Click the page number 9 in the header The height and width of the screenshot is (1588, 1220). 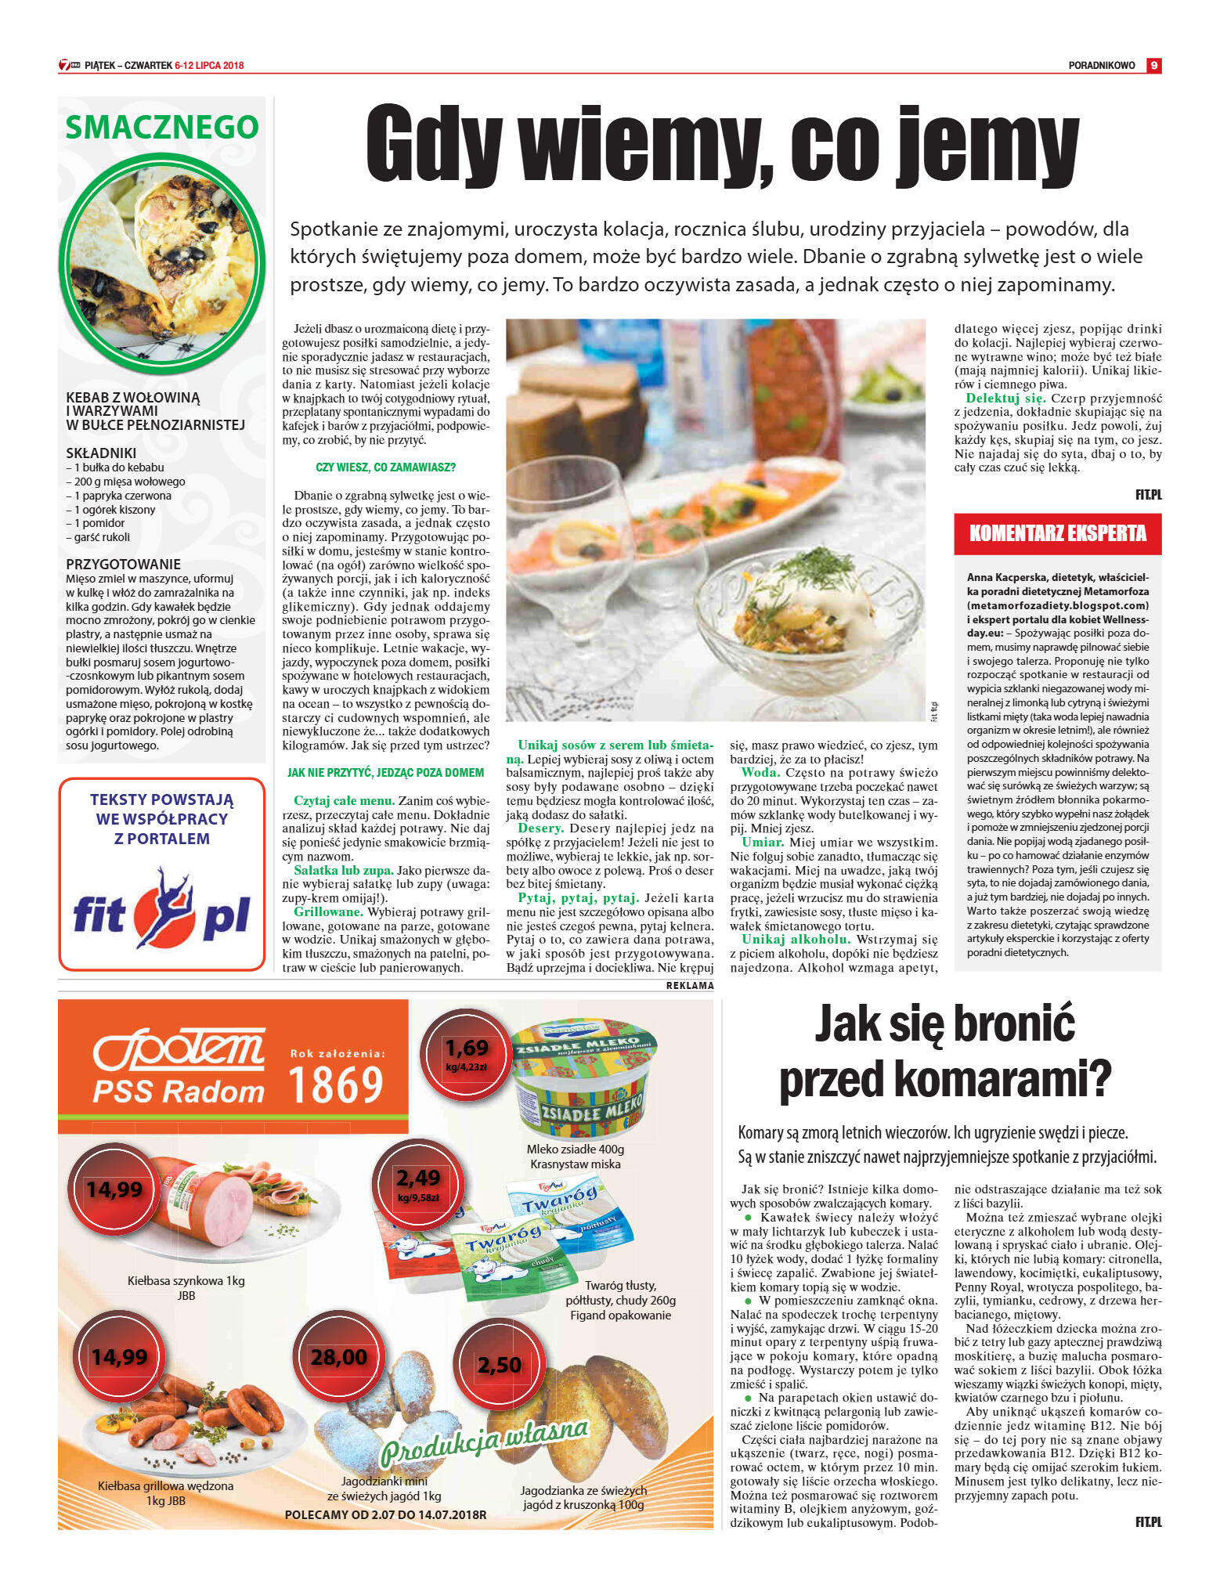(x=1153, y=66)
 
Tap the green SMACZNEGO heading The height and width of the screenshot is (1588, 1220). (x=162, y=128)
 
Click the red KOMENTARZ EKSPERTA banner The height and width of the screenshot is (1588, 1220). (x=1057, y=534)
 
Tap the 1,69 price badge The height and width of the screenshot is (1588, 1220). (x=466, y=1052)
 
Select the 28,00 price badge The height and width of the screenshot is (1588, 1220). (x=338, y=1357)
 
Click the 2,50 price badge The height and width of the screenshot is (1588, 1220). (x=499, y=1365)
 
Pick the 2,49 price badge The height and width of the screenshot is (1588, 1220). (x=418, y=1182)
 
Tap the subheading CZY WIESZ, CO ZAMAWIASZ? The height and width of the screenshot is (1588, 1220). (x=385, y=467)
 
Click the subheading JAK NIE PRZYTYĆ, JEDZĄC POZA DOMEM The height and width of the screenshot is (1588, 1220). (x=385, y=773)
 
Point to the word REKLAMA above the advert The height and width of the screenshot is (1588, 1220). (x=690, y=986)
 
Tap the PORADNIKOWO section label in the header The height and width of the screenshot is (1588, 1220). (x=1101, y=66)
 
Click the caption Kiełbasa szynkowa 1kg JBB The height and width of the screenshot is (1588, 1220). (x=186, y=1288)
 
